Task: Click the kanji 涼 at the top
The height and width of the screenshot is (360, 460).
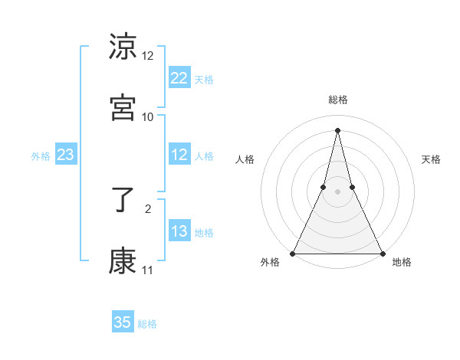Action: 123,47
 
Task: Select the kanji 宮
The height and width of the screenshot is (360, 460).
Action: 123,108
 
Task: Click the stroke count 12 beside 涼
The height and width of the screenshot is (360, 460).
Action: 148,56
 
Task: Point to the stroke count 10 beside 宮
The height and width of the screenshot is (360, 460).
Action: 148,116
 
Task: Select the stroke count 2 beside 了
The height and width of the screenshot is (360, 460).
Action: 148,207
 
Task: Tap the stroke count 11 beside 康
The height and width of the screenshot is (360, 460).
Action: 148,270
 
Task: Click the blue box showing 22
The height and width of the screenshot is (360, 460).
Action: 179,78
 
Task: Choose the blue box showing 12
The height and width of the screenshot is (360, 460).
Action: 179,155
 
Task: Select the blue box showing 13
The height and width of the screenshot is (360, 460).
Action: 179,231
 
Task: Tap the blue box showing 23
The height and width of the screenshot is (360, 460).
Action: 65,155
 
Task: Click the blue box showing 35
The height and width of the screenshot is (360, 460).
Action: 123,322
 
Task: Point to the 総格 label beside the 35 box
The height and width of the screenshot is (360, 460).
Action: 148,324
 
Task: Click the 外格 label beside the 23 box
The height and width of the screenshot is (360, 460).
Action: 41,156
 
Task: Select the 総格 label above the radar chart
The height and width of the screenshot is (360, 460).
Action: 337,100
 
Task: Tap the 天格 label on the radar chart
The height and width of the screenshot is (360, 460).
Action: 431,159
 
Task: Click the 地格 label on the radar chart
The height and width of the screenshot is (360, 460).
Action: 402,262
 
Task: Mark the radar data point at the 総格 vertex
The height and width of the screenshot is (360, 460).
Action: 337,129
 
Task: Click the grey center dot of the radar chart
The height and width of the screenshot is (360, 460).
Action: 337,191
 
